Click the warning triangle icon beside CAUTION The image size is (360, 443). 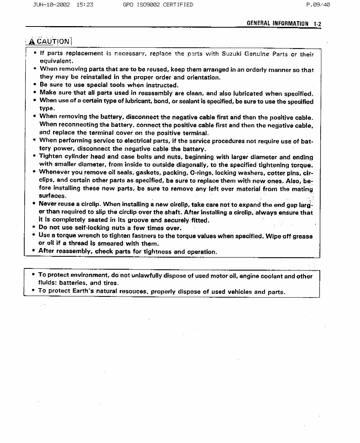(32, 41)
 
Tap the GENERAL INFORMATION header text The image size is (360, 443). (277, 23)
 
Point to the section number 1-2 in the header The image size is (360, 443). (317, 23)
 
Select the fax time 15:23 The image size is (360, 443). (85, 5)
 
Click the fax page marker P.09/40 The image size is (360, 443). (318, 5)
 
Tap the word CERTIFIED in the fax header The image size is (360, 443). (178, 5)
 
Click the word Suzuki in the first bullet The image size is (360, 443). (232, 54)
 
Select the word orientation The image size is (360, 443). (202, 77)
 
